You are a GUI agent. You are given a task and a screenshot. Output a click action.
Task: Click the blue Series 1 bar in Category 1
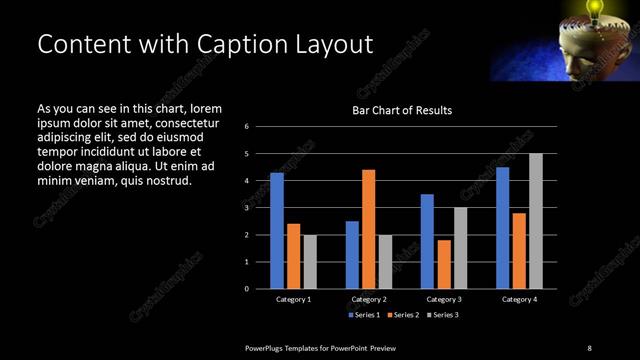pyautogui.click(x=277, y=231)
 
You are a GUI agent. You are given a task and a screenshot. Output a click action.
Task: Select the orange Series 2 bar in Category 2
pyautogui.click(x=368, y=229)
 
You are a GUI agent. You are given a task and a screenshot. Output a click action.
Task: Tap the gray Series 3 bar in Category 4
pyautogui.click(x=535, y=221)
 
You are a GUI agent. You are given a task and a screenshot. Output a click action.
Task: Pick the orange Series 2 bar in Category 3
pyautogui.click(x=443, y=264)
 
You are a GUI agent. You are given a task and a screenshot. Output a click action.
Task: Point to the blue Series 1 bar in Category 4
pyautogui.click(x=502, y=228)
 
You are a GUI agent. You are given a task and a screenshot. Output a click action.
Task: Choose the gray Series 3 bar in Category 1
pyautogui.click(x=310, y=262)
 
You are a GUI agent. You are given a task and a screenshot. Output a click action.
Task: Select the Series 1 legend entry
pyautogui.click(x=363, y=316)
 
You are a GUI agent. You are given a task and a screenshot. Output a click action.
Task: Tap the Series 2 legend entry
pyautogui.click(x=402, y=316)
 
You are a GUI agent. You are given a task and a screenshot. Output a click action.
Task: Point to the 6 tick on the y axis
pyautogui.click(x=246, y=127)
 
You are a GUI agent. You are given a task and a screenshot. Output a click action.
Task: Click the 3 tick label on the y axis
pyautogui.click(x=246, y=208)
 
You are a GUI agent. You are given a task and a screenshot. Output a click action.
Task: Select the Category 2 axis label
pyautogui.click(x=368, y=300)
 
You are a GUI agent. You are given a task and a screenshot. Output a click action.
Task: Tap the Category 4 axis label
pyautogui.click(x=518, y=300)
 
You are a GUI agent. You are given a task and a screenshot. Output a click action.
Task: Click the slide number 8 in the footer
pyautogui.click(x=589, y=347)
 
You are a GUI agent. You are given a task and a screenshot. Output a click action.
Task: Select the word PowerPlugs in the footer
pyautogui.click(x=271, y=347)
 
